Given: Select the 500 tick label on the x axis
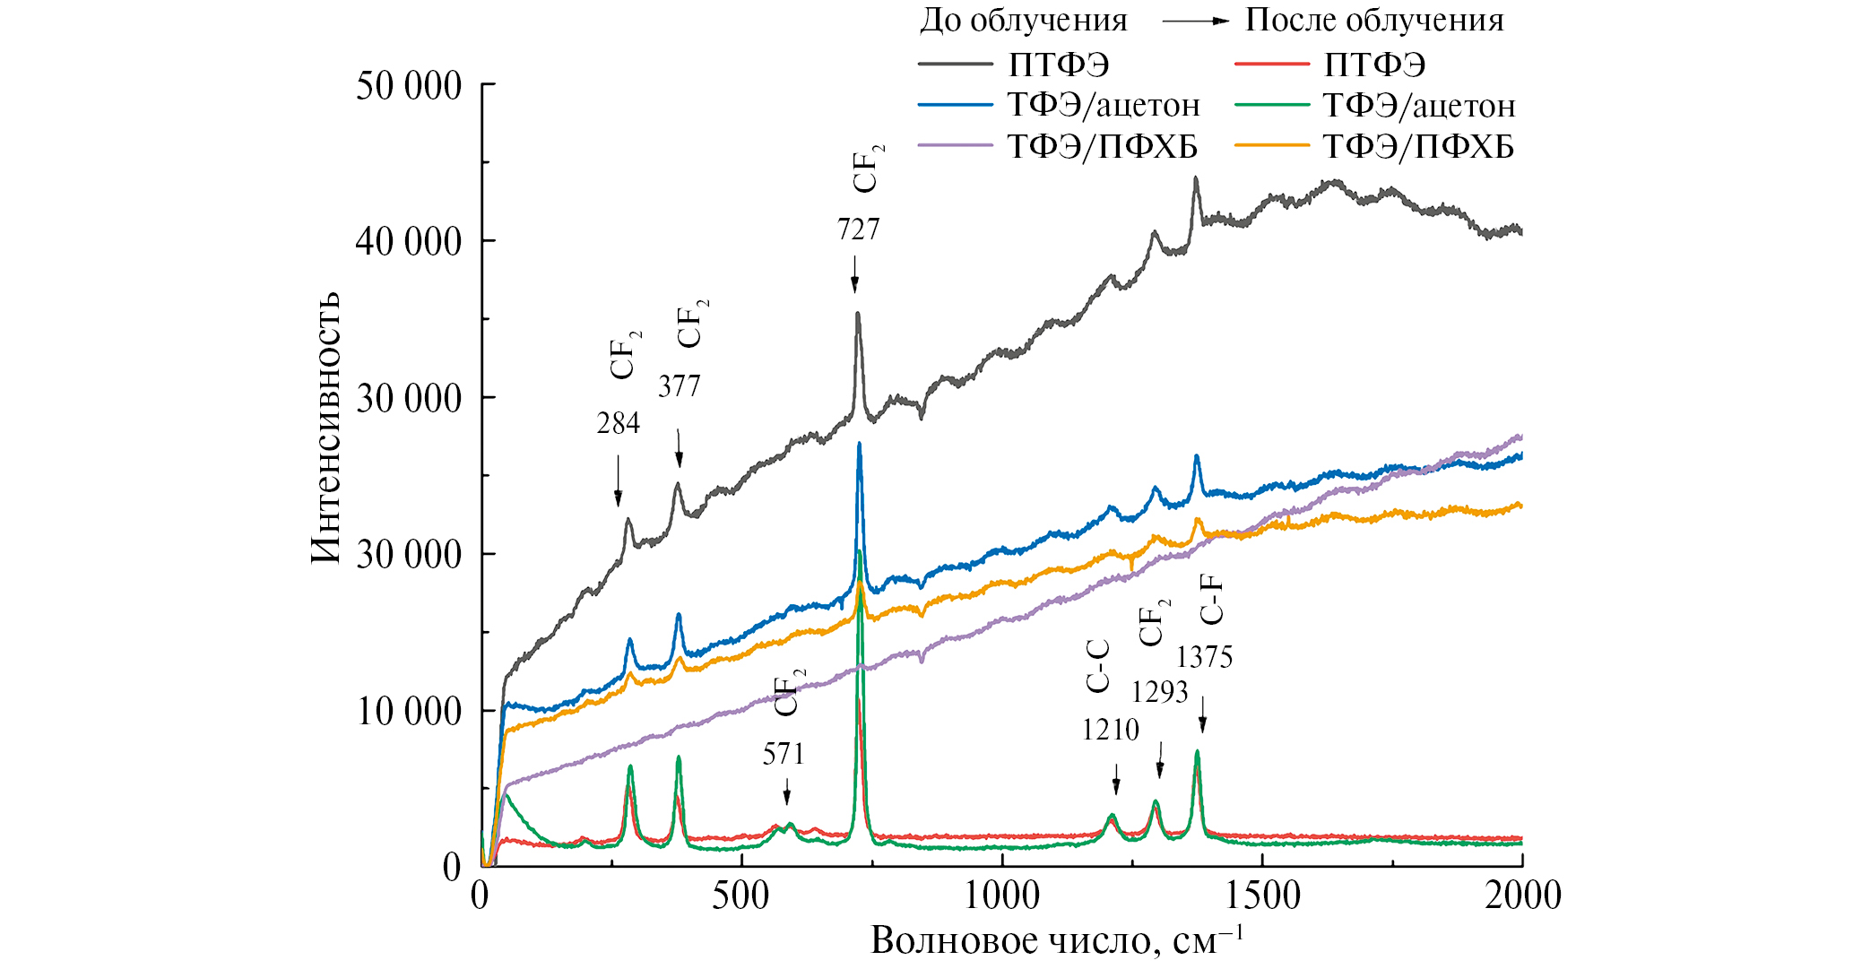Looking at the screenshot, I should [x=741, y=895].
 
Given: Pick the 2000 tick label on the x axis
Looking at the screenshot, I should [x=1521, y=895].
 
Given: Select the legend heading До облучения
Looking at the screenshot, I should [x=1023, y=21].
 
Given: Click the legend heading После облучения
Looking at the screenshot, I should [x=1374, y=21].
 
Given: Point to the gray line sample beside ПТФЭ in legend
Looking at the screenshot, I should [x=956, y=65].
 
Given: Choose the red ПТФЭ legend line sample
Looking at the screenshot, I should [x=1271, y=65].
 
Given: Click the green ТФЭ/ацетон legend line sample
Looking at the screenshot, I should [x=1271, y=105].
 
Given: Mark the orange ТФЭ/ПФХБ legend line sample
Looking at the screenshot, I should [x=1271, y=145].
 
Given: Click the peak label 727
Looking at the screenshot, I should [x=858, y=229].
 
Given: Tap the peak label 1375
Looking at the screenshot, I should [x=1204, y=658].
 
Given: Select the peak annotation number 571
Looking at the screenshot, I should [x=784, y=755].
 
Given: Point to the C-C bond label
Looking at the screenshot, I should [x=1098, y=667].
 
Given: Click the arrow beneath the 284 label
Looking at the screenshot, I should [x=618, y=480].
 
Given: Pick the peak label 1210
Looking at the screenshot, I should [x=1110, y=731].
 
